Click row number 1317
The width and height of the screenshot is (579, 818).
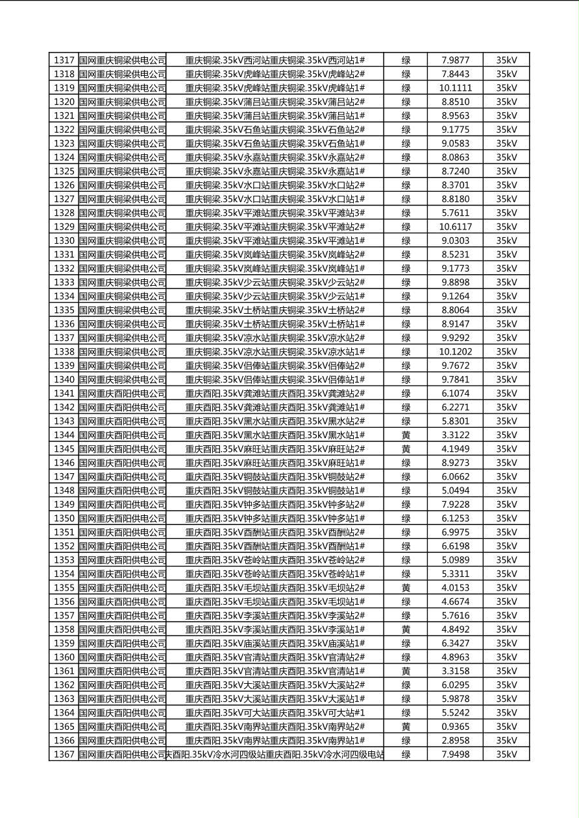(x=64, y=60)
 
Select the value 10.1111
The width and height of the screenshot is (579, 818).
(x=455, y=88)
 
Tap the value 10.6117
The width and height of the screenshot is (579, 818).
(x=455, y=227)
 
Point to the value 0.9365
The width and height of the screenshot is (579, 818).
(x=455, y=727)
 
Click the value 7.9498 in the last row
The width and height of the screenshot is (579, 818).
(x=455, y=754)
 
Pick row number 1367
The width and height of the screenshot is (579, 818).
(x=64, y=754)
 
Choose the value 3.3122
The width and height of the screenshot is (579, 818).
(x=455, y=435)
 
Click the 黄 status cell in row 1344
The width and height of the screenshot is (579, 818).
(x=406, y=435)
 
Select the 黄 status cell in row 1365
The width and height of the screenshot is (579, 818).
(x=406, y=727)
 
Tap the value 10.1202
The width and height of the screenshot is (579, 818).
(x=455, y=352)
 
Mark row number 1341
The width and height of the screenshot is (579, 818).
(x=64, y=393)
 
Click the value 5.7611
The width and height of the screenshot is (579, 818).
(x=455, y=213)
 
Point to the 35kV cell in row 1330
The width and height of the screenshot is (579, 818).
(x=506, y=240)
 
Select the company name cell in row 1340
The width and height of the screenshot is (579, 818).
(x=122, y=380)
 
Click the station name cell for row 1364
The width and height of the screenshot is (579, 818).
(x=275, y=713)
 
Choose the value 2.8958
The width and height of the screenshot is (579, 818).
(x=455, y=740)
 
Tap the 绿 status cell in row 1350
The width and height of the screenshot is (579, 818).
(x=406, y=519)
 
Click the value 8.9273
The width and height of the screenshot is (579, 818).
(x=455, y=463)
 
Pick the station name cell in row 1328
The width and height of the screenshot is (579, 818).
(x=275, y=213)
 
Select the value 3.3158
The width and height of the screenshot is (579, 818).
(x=455, y=671)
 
